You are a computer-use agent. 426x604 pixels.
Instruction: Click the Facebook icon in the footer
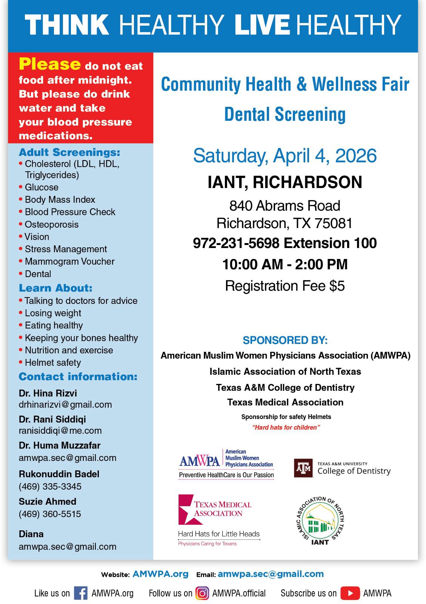coord(81,593)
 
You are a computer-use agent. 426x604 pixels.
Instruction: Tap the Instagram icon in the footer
coord(202,593)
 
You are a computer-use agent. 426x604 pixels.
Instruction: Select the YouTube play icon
coord(350,593)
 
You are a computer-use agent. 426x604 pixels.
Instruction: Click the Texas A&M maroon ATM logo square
coord(303,468)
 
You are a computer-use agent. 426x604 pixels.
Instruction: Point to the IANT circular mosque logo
coord(320,521)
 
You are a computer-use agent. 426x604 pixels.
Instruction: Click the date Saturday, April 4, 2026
coord(285,156)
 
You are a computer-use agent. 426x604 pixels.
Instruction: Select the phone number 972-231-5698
coord(236,243)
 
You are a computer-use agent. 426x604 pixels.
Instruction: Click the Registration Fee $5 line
coord(285,286)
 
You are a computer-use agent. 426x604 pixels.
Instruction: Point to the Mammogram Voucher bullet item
coord(69,261)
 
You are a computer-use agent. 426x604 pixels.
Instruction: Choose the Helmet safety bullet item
coord(53,362)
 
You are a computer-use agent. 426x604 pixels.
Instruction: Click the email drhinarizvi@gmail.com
coord(65,404)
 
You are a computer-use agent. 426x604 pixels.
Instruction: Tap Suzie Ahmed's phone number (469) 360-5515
coord(50,514)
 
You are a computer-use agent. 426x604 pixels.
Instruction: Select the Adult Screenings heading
coord(69,152)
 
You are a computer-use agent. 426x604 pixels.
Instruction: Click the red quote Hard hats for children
coord(286,427)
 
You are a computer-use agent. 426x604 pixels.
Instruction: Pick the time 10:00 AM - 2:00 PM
coord(285,264)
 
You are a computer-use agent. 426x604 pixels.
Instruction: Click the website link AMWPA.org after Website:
coord(160,574)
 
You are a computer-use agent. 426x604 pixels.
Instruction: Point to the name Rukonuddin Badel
coord(59,474)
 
